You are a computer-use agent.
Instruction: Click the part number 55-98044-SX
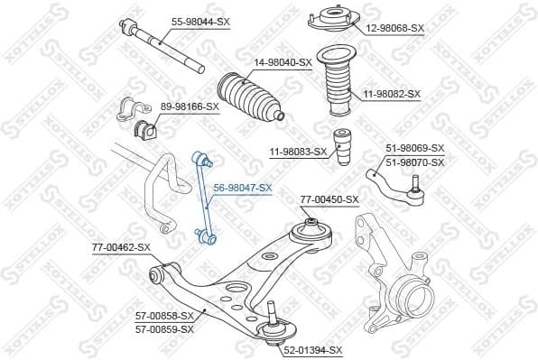200,20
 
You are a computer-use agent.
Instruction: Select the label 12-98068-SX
394,28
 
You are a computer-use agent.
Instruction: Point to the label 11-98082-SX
392,94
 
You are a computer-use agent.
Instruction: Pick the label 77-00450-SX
329,199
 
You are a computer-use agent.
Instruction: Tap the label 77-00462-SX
121,245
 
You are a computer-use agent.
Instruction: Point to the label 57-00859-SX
165,329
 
